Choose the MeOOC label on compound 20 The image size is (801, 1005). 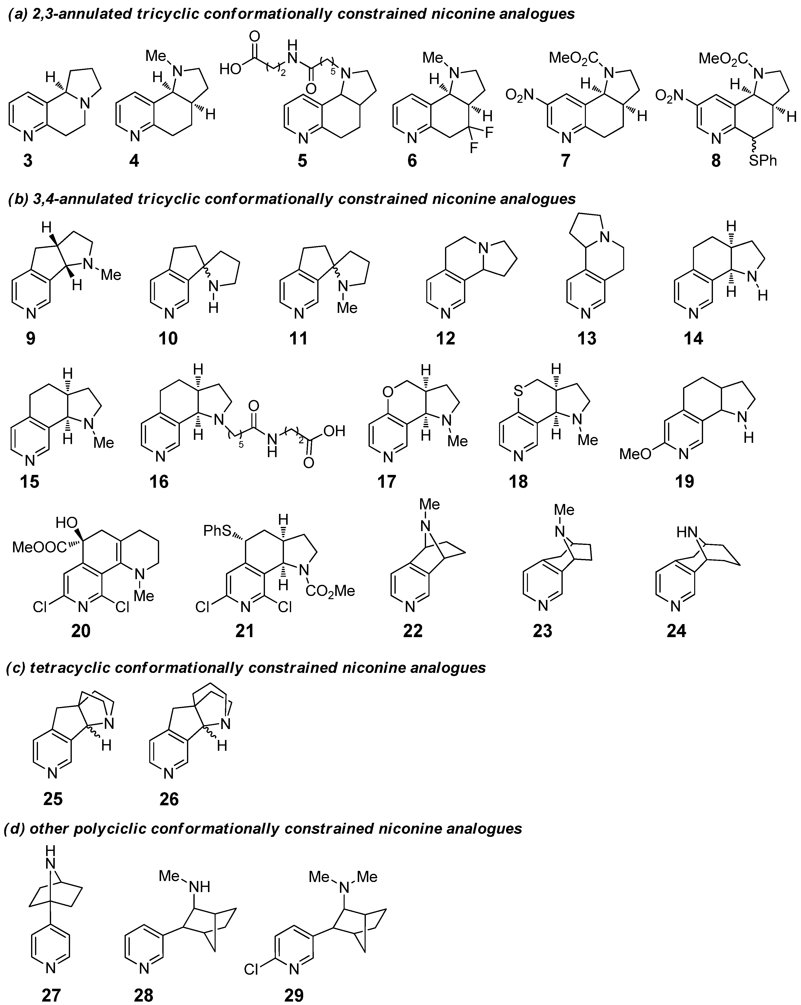[x=39, y=546]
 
